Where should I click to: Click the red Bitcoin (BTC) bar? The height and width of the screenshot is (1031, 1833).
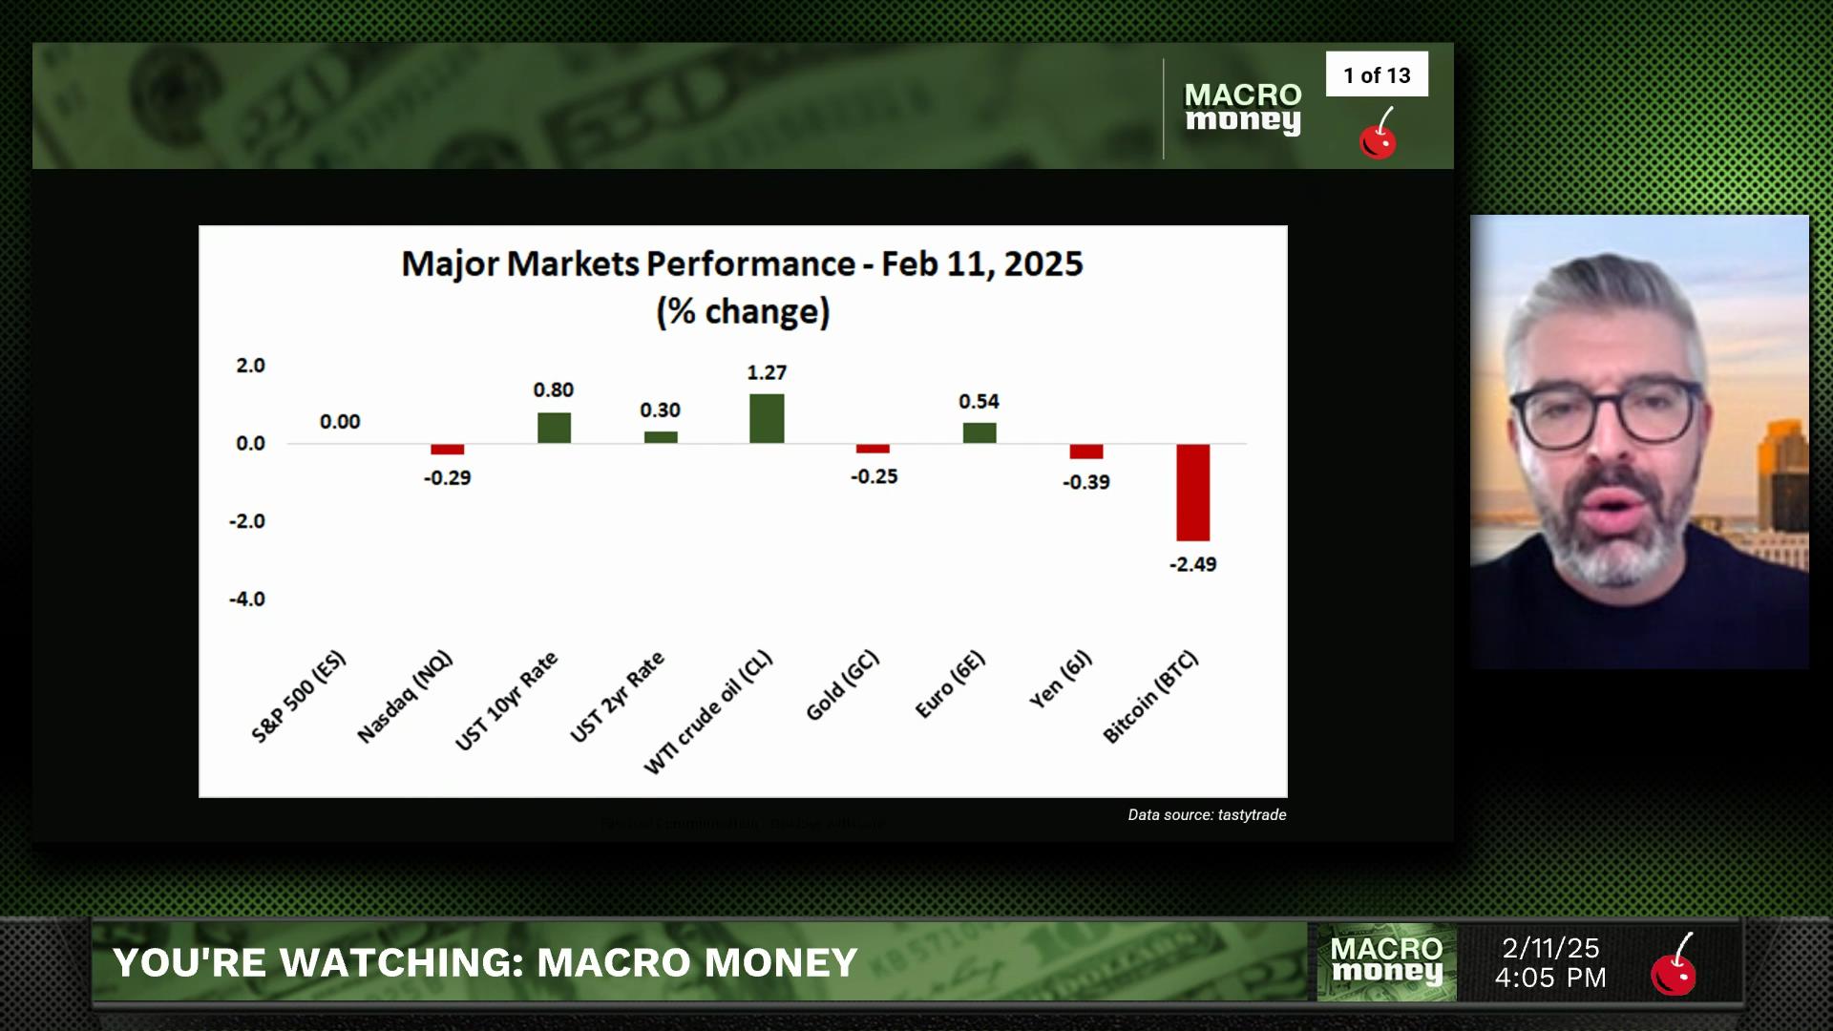pyautogui.click(x=1192, y=493)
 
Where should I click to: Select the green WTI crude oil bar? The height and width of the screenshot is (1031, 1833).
pyautogui.click(x=767, y=418)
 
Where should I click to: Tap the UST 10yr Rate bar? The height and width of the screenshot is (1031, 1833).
pyautogui.click(x=554, y=428)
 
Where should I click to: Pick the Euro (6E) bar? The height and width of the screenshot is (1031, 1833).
pyautogui.click(x=980, y=432)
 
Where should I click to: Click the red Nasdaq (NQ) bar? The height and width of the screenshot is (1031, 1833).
pyautogui.click(x=447, y=450)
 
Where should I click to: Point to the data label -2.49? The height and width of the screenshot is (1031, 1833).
pyautogui.click(x=1193, y=564)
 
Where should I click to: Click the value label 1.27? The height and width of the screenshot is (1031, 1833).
pyautogui.click(x=767, y=372)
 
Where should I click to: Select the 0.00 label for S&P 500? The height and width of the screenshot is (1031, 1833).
pyautogui.click(x=340, y=422)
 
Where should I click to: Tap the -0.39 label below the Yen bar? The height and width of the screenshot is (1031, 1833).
pyautogui.click(x=1086, y=482)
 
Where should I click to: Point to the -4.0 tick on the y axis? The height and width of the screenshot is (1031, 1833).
pyautogui.click(x=246, y=600)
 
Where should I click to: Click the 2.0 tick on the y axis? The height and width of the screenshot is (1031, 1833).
pyautogui.click(x=250, y=366)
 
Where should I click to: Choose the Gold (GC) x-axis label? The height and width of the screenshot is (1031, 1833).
pyautogui.click(x=842, y=685)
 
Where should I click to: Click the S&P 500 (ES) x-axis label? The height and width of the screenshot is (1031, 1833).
pyautogui.click(x=299, y=696)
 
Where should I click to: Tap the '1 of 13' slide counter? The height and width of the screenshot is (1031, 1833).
pyautogui.click(x=1377, y=75)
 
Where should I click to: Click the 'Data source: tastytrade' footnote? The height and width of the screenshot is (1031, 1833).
pyautogui.click(x=1207, y=815)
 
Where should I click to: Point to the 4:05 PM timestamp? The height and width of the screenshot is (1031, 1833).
pyautogui.click(x=1550, y=978)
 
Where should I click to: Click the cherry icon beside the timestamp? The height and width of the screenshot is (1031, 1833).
pyautogui.click(x=1674, y=966)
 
